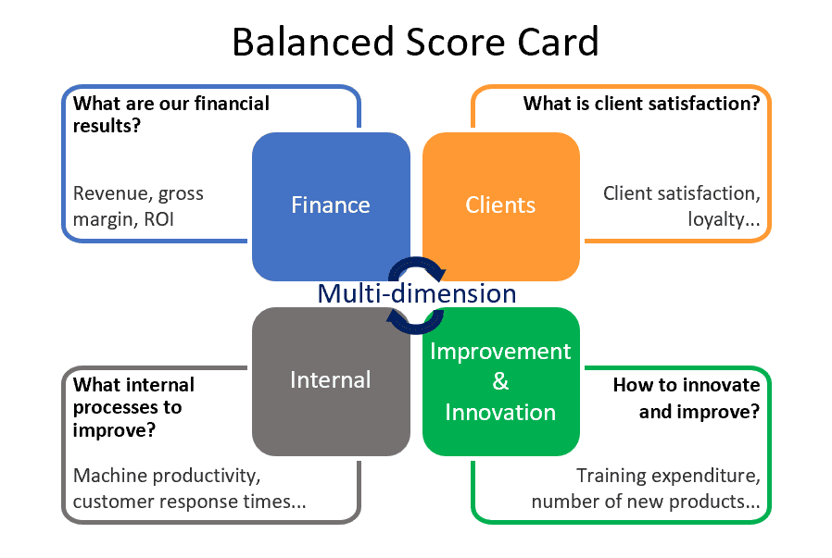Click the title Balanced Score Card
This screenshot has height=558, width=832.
click(415, 43)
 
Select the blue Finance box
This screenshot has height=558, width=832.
click(331, 205)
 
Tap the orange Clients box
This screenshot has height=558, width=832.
click(500, 205)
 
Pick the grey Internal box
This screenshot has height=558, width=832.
click(331, 379)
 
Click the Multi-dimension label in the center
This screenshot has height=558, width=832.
click(416, 293)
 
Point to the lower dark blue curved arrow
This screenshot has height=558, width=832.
click(414, 320)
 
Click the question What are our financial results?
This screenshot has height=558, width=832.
click(170, 113)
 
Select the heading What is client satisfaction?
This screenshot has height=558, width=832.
click(641, 104)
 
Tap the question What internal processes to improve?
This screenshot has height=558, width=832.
click(133, 407)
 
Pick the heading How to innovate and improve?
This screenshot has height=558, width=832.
click(686, 398)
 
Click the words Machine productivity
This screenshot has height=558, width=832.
click(164, 476)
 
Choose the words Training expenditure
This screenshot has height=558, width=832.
click(667, 476)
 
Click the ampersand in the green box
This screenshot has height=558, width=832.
click(500, 381)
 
